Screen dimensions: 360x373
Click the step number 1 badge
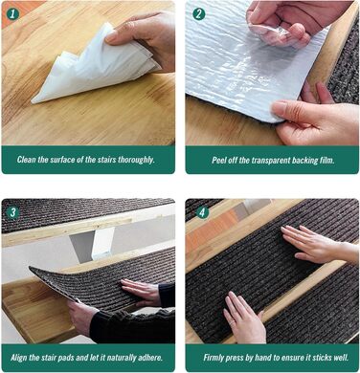12,14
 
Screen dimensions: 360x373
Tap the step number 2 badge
199,14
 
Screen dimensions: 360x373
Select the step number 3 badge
12,212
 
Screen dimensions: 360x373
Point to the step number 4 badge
202,212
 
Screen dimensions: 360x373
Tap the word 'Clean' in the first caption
27,160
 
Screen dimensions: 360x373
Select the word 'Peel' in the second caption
218,160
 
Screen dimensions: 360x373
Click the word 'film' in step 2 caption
326,160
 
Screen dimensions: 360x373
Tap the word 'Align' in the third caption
19,358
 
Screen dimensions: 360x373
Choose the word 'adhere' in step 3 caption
149,358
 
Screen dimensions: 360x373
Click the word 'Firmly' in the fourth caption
214,358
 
